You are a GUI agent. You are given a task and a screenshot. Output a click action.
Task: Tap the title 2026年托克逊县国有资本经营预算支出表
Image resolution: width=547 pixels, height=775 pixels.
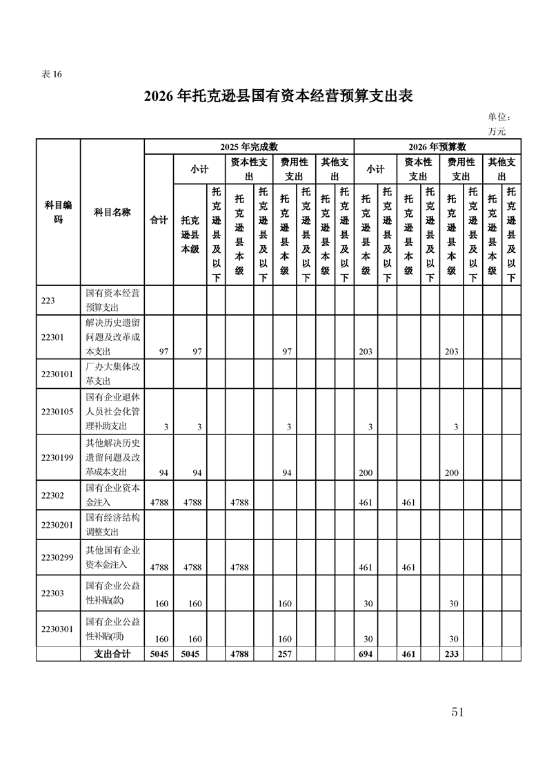[278, 96]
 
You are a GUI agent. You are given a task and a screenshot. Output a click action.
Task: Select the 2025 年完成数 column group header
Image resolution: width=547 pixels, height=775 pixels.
[248, 146]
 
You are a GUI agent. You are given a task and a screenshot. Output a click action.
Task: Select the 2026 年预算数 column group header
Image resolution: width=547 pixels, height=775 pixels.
[437, 146]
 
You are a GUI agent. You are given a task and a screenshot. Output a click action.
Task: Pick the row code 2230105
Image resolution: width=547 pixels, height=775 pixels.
[57, 412]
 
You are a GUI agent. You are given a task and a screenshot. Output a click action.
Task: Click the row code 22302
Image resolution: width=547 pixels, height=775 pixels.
[52, 495]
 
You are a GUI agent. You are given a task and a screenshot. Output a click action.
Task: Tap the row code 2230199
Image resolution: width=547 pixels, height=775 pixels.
[57, 457]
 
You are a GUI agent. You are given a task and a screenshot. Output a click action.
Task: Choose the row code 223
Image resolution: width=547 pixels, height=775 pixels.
[48, 300]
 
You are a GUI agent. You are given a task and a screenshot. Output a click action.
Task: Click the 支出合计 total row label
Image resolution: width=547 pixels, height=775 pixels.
[112, 653]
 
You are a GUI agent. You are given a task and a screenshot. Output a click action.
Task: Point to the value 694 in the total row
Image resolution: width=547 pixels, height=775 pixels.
[366, 653]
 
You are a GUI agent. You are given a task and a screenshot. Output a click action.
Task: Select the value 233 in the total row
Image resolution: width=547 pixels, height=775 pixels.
[452, 653]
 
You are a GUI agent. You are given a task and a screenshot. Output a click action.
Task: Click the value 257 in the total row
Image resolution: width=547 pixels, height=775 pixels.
[284, 653]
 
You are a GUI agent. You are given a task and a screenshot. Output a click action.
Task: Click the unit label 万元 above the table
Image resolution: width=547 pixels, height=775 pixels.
[497, 131]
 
